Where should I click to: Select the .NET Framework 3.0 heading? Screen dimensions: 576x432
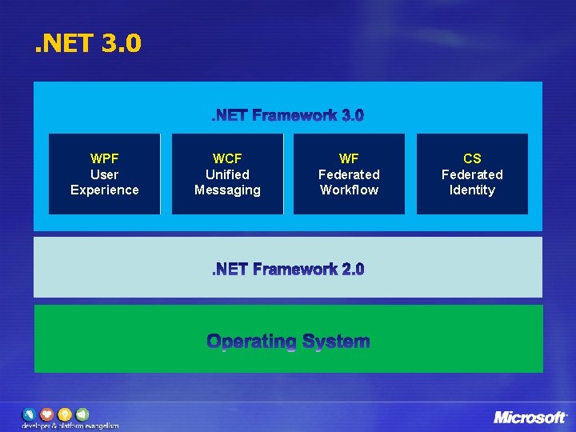pos(287,116)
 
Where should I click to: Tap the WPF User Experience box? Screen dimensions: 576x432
pos(104,174)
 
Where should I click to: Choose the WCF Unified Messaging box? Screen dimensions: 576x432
pos(227,174)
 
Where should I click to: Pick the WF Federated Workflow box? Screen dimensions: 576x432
pos(349,174)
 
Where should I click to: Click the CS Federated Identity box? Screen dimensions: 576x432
pos(472,174)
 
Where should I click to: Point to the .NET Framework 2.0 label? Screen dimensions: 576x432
pos(287,270)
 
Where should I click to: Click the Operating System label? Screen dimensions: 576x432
pos(288,342)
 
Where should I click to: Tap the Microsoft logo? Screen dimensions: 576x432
pos(530,417)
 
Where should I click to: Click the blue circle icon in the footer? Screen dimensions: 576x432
pos(30,414)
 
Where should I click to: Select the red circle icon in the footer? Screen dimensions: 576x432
pos(46,414)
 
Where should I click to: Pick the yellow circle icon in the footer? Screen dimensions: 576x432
pos(64,414)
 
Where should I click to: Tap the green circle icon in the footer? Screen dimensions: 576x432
pos(82,414)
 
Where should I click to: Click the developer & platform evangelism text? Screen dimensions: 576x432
pos(70,426)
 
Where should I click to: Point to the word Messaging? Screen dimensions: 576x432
pos(227,190)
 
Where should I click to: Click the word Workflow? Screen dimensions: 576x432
pos(349,190)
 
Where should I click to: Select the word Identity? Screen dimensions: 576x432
pos(472,190)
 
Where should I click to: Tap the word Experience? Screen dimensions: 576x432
pos(104,190)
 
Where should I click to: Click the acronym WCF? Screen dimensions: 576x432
pos(227,158)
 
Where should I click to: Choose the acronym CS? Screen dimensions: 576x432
pos(472,158)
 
